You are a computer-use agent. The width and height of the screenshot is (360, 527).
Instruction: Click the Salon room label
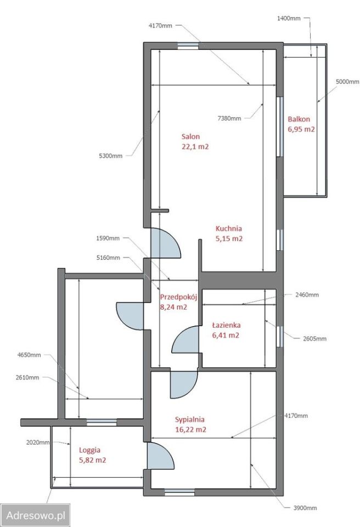(x=190, y=137)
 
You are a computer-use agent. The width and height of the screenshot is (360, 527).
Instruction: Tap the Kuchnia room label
(x=229, y=228)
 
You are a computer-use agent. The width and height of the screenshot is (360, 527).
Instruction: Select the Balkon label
(x=299, y=119)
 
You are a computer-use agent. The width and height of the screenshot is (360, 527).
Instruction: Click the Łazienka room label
(x=226, y=325)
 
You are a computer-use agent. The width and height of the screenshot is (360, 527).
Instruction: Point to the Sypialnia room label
(x=189, y=419)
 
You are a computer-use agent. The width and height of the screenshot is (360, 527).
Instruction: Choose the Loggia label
(x=90, y=450)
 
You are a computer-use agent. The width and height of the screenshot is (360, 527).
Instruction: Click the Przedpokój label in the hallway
(x=178, y=297)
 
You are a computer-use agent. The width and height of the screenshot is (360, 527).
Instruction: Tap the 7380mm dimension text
(x=229, y=119)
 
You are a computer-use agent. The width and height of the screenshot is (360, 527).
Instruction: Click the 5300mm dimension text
(x=111, y=156)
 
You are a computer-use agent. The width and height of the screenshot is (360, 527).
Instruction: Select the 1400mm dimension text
(x=289, y=19)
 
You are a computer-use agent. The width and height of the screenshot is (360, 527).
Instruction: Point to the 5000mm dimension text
(x=347, y=82)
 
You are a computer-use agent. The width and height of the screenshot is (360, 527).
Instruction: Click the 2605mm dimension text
(x=314, y=339)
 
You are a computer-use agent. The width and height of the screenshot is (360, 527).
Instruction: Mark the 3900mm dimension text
(x=305, y=508)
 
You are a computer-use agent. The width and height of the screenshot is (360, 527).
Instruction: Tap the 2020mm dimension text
(x=38, y=442)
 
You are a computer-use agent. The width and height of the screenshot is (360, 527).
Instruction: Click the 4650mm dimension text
(x=29, y=355)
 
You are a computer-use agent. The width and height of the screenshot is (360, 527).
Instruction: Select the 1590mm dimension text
(x=108, y=238)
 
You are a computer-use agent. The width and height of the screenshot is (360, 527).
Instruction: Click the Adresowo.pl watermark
(x=35, y=515)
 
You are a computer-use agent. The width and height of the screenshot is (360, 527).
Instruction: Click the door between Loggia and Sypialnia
(x=160, y=456)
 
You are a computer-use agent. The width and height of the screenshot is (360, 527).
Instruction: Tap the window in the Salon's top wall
(x=188, y=46)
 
